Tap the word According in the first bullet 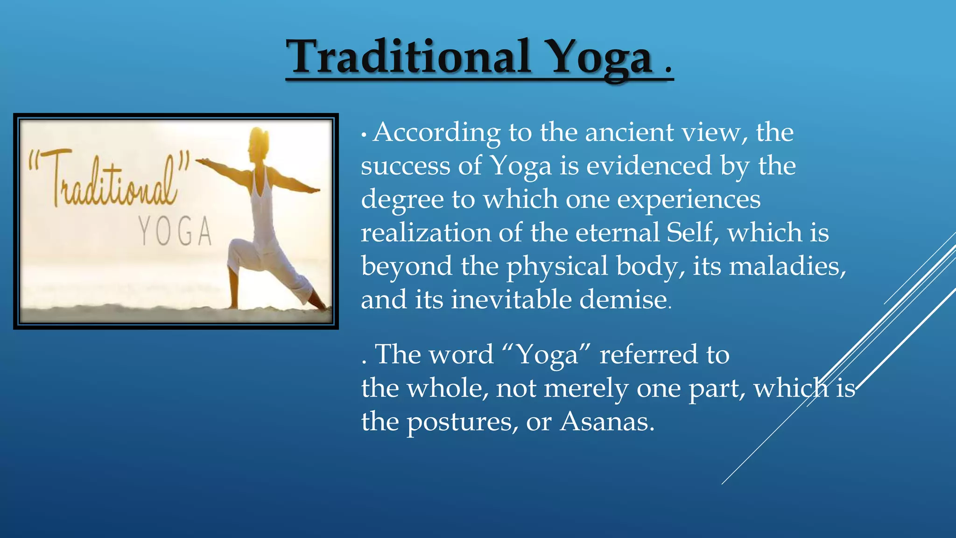[x=437, y=133]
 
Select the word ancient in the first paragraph [x=629, y=133]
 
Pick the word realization [x=425, y=233]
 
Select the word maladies [x=787, y=267]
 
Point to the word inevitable [x=511, y=300]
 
